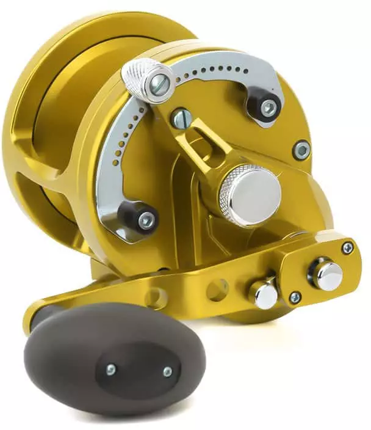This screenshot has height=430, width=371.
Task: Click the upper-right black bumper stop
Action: click(266, 107)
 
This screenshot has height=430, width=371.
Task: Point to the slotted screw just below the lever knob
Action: click(180, 118)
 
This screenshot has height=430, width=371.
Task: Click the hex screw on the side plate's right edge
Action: click(301, 149)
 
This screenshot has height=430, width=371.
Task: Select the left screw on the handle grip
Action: click(111, 368)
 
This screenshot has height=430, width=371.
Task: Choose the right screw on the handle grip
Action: click(167, 371)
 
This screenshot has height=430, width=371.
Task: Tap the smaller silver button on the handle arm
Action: click(265, 294)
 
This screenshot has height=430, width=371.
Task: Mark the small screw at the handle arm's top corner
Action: click(347, 247)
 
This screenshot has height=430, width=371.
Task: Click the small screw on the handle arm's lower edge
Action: click(295, 297)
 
